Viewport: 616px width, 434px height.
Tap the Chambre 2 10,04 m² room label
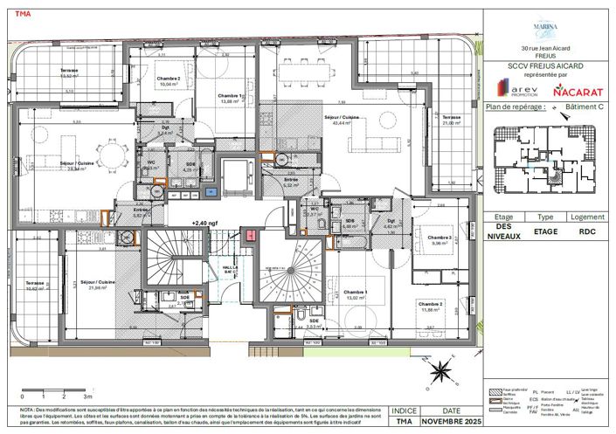(x=168, y=83)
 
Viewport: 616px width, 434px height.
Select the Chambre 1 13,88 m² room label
(x=230, y=99)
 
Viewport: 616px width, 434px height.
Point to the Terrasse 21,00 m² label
(x=452, y=121)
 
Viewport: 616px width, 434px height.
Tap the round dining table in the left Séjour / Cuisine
(x=108, y=158)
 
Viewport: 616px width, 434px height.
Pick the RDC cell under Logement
(x=587, y=231)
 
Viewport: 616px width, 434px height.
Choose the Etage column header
(x=503, y=217)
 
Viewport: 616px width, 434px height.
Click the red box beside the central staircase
(x=253, y=234)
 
